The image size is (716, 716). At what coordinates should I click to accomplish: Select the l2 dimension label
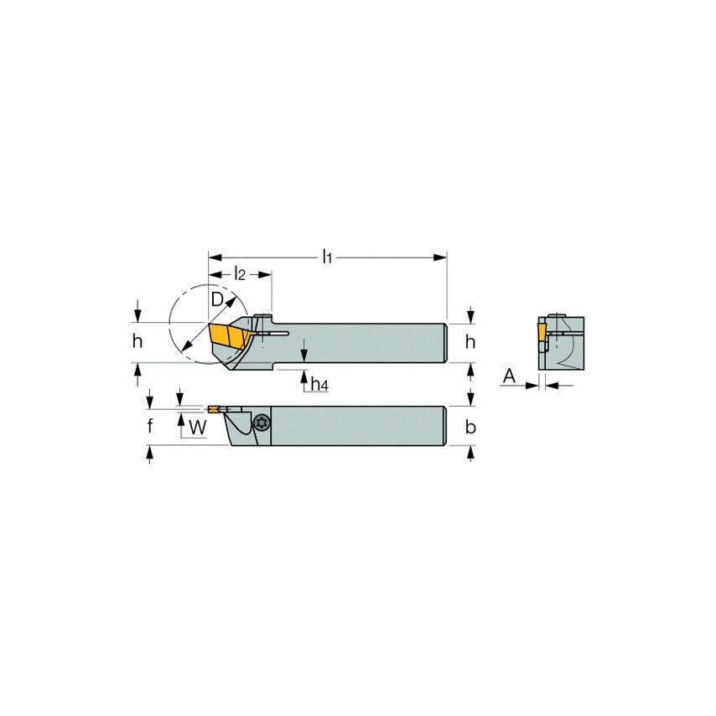[240, 273]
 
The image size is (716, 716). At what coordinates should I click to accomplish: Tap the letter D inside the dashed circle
[217, 299]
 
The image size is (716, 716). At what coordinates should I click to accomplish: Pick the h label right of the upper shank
[470, 341]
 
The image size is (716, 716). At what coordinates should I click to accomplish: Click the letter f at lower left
[149, 426]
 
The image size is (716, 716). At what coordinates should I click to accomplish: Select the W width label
[197, 427]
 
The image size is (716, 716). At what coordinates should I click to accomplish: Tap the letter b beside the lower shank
[470, 427]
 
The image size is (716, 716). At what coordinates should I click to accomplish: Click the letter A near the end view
[508, 377]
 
